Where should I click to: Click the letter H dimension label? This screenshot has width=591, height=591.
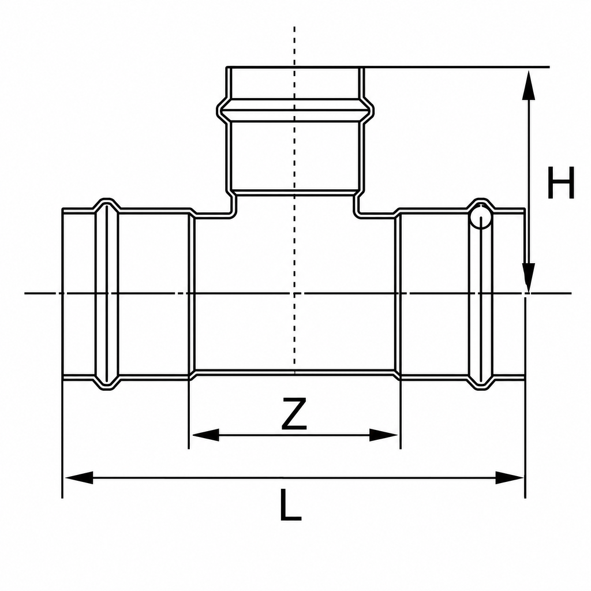tap(561, 182)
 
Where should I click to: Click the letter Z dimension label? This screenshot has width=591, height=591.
tap(294, 414)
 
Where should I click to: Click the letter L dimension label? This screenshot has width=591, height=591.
tap(291, 504)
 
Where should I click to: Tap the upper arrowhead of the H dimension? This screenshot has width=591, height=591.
tap(529, 85)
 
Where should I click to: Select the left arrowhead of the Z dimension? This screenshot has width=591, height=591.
tap(205, 435)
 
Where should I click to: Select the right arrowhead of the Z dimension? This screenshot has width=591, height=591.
tap(383, 435)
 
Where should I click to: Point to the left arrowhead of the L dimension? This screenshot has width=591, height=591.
tap(78, 477)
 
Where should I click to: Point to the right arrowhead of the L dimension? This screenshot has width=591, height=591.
tap(509, 477)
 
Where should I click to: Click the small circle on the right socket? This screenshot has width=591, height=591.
tap(481, 217)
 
